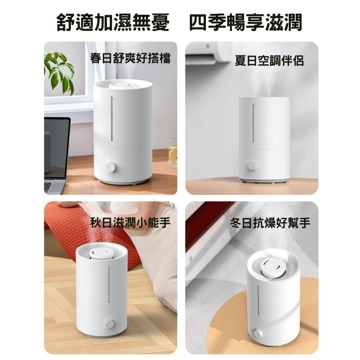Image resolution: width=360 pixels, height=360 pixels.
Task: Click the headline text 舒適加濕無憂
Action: (113, 22)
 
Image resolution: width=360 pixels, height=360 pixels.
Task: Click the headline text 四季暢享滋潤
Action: (246, 22)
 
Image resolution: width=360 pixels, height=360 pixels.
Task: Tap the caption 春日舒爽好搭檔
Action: (130, 58)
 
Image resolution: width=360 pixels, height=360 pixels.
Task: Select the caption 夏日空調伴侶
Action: (269, 61)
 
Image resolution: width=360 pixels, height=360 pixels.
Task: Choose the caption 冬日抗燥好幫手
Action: (270, 223)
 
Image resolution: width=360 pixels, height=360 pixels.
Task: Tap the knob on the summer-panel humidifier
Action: (253, 166)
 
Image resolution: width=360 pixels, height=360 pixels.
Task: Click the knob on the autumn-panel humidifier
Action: (109, 324)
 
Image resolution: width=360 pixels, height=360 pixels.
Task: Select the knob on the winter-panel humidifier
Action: (258, 333)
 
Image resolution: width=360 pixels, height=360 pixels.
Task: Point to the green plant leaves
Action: (59, 71)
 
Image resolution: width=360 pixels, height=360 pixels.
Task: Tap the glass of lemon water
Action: (173, 153)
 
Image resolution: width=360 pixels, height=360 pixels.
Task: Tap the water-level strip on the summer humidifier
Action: (253, 123)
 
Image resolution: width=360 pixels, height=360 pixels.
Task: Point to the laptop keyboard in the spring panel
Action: (49, 186)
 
